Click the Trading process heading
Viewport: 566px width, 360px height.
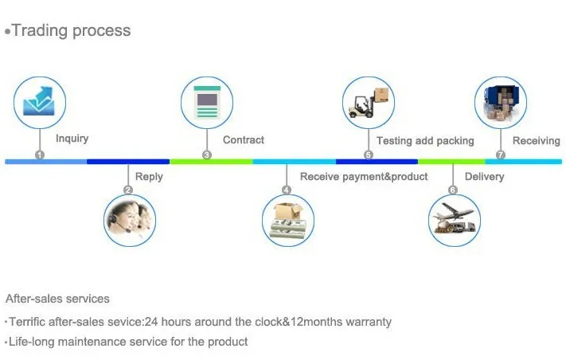[x=70, y=31]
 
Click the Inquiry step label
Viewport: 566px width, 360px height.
[x=72, y=139]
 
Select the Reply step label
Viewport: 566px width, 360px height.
[x=149, y=177]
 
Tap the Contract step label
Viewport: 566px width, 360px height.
[x=243, y=140]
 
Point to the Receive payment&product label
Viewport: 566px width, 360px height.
[x=363, y=177]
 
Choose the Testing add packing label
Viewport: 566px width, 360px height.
[x=424, y=141]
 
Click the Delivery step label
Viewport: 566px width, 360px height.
[x=484, y=177]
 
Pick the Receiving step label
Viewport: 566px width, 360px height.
[x=536, y=141]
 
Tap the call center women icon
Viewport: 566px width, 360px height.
[x=131, y=219]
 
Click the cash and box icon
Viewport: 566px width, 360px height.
[x=288, y=220]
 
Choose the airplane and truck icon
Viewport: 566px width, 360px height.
[x=455, y=219]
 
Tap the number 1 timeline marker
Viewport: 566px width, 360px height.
[x=40, y=155]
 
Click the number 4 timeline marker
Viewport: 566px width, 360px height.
[x=287, y=190]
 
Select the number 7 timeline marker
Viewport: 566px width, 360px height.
[x=500, y=155]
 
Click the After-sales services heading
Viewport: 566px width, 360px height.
[x=57, y=299]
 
